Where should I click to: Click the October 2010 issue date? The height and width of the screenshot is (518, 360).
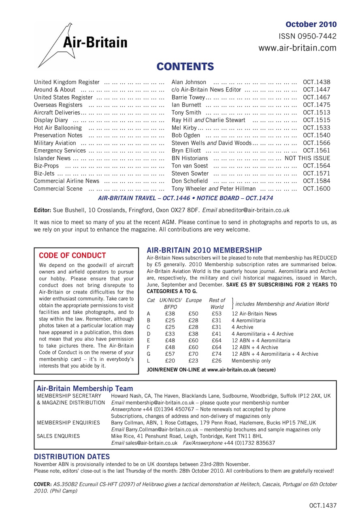coord(311,24)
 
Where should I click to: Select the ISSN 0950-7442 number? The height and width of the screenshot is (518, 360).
coord(307,36)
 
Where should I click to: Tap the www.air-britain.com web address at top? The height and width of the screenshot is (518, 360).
coord(297,48)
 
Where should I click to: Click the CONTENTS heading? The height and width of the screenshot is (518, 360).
coord(185,66)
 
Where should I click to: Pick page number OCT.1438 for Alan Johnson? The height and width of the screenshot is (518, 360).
coord(316,82)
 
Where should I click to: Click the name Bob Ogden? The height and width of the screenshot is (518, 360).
coord(185,135)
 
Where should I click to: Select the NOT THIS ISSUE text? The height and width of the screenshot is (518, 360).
coord(307,158)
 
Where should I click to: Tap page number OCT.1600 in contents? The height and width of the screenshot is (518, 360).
coord(316,188)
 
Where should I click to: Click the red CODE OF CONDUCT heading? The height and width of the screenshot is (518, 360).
coord(72,255)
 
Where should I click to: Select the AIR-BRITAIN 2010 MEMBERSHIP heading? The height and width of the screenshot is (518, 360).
coord(204,250)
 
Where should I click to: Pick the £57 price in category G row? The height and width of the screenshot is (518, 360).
coord(170,354)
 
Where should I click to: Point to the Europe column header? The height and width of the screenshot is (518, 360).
coord(194,300)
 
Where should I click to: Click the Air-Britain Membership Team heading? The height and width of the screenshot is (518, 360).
coord(85,388)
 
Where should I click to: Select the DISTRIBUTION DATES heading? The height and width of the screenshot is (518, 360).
coord(72,456)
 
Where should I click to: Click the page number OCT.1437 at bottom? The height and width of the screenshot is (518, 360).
coord(322,505)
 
